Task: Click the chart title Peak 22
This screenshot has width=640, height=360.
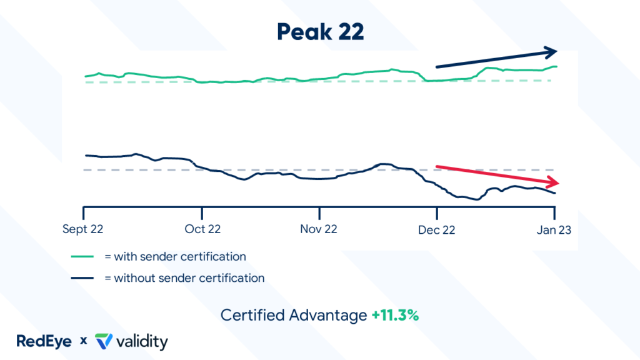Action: (320, 32)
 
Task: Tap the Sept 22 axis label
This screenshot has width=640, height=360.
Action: (83, 229)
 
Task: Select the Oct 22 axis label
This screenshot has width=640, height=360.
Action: (202, 229)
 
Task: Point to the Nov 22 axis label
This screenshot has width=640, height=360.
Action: (319, 229)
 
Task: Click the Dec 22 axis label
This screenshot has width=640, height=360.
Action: (436, 229)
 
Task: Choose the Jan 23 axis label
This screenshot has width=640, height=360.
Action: (554, 229)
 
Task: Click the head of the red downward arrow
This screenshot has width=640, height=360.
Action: (552, 183)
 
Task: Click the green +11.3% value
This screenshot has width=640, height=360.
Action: (394, 316)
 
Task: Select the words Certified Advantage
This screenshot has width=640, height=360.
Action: (294, 316)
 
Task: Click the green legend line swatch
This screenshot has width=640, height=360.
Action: (82, 256)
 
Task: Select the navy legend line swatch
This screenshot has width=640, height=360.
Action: (82, 278)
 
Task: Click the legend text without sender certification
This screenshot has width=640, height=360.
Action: (184, 278)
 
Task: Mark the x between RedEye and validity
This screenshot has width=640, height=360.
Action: (83, 342)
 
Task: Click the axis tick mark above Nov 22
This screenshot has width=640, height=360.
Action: (319, 211)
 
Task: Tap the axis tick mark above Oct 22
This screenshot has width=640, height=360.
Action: (202, 211)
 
